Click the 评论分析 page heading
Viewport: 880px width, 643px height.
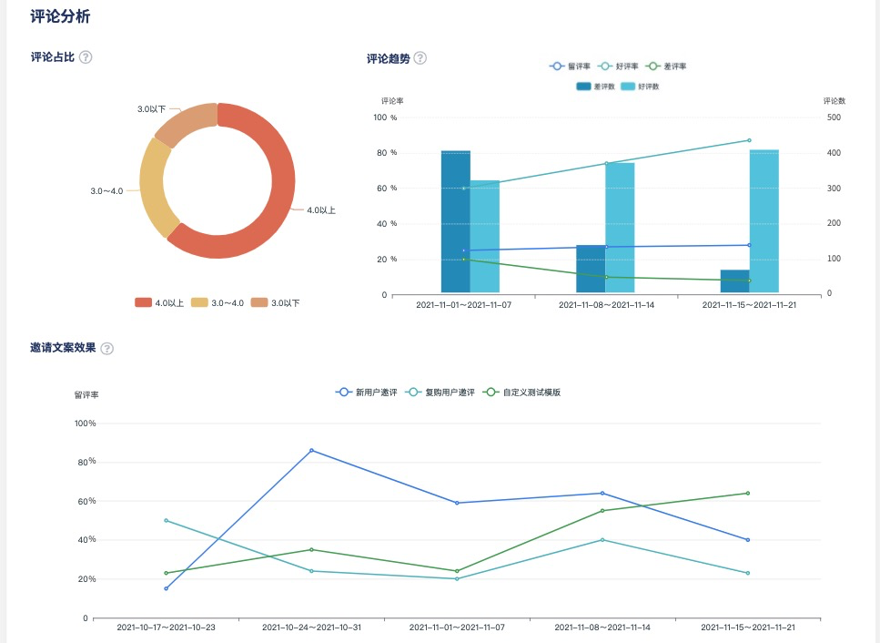[60, 16]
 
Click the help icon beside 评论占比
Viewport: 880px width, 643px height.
[86, 57]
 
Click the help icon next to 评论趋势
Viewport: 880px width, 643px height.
[420, 58]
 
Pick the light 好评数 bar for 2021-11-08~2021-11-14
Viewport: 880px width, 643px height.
[620, 228]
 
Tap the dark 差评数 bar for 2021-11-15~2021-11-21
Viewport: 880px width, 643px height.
[734, 281]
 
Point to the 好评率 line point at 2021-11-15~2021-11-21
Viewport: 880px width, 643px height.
[749, 140]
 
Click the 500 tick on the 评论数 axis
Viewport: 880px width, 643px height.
[834, 117]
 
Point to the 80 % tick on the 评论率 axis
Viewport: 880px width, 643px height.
[387, 153]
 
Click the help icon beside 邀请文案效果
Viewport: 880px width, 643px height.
[106, 348]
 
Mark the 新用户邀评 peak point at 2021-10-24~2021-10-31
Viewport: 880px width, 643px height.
[311, 450]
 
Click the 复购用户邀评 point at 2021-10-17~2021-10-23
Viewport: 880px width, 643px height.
[166, 520]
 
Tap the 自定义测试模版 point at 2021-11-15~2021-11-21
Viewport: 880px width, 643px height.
[748, 494]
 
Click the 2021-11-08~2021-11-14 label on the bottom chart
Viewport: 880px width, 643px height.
[602, 628]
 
